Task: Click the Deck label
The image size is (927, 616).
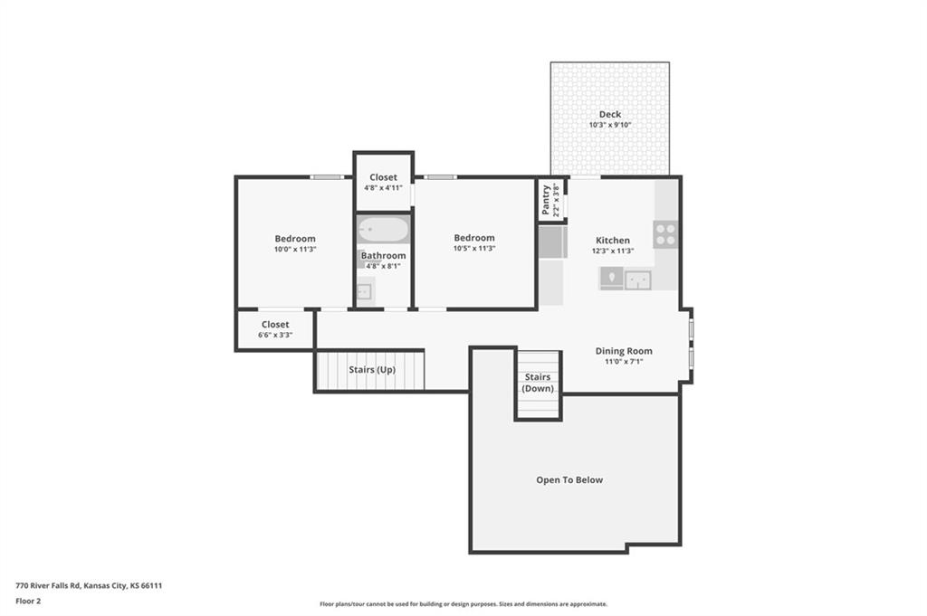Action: (x=609, y=115)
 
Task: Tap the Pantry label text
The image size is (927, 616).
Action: (x=546, y=200)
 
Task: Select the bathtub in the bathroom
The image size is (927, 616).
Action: (x=383, y=230)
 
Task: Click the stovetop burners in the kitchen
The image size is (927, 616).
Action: (x=665, y=234)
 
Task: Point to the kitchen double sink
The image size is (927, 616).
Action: (x=638, y=280)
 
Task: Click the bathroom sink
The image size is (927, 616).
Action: (x=364, y=291)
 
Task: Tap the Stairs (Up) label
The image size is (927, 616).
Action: (x=372, y=370)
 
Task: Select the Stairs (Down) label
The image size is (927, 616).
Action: (x=538, y=383)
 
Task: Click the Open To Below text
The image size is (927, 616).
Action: (x=569, y=480)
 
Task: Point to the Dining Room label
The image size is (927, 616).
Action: (x=624, y=351)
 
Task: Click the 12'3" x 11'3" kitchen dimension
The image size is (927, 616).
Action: (x=613, y=251)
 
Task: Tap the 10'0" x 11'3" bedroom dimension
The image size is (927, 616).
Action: (x=295, y=250)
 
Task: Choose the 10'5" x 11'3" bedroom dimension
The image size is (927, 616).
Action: (x=474, y=249)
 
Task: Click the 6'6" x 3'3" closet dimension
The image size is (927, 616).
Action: (x=275, y=335)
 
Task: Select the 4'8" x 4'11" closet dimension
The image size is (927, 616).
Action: (x=383, y=188)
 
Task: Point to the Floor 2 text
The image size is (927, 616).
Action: (x=28, y=602)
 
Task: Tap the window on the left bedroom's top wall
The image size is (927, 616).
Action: (x=327, y=177)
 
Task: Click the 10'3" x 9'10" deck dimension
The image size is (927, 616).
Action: (x=610, y=125)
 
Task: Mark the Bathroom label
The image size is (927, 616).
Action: (x=384, y=256)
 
